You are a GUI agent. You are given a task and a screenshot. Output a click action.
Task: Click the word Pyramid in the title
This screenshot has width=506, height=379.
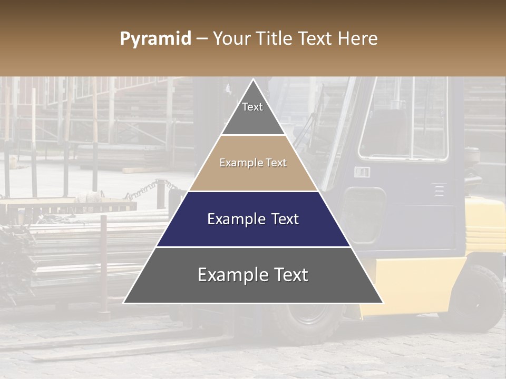pyautogui.click(x=155, y=39)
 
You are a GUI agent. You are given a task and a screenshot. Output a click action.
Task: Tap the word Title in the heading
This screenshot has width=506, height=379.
pyautogui.click(x=276, y=39)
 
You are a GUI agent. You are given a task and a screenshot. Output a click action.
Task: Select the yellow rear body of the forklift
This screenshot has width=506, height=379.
pyautogui.click(x=422, y=279)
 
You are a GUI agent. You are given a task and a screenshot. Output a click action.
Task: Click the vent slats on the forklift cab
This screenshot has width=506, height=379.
pyautogui.click(x=439, y=189)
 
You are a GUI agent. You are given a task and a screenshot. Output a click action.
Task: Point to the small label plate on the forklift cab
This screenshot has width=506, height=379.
pyautogui.click(x=362, y=172)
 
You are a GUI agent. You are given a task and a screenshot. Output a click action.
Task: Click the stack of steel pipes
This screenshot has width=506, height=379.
pyautogui.click(x=79, y=247)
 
